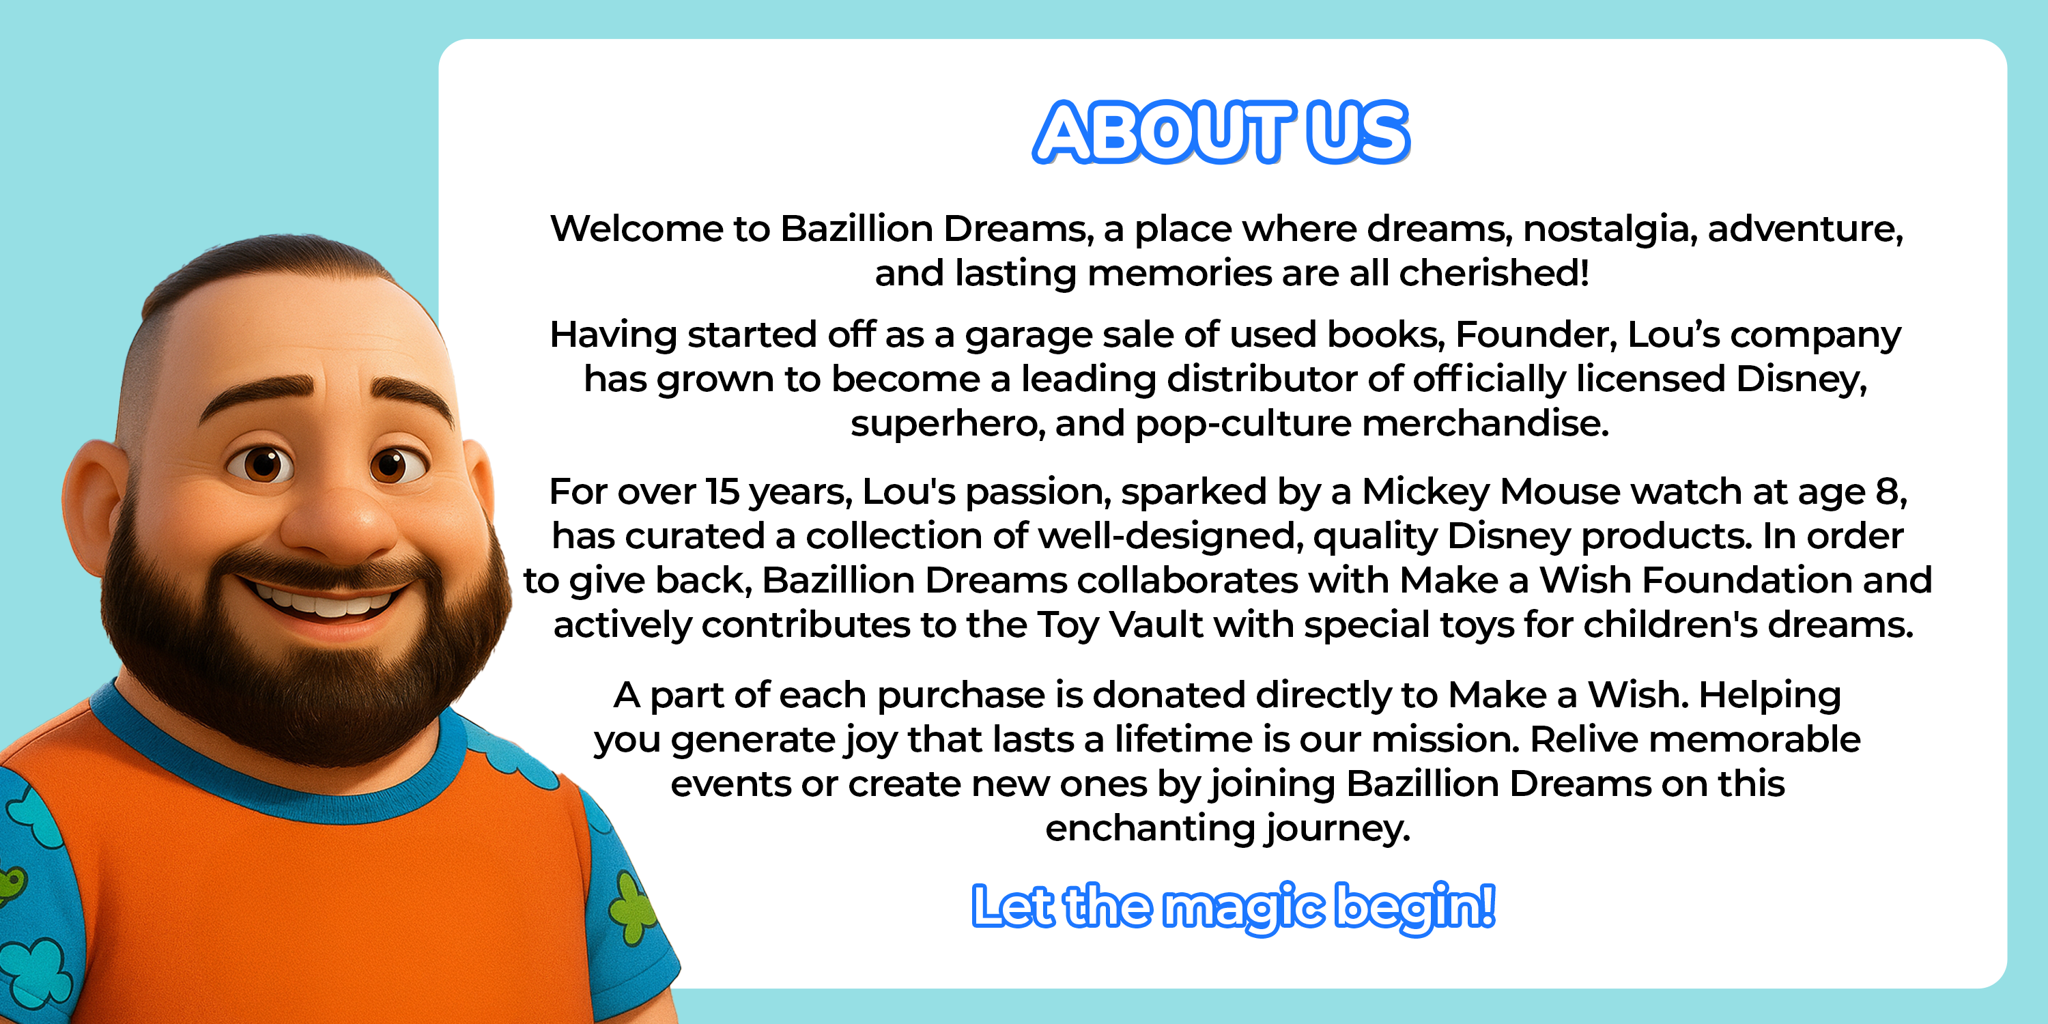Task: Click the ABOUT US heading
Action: pos(1221,132)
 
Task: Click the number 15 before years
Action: pos(722,492)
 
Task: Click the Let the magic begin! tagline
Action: pos(1233,907)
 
